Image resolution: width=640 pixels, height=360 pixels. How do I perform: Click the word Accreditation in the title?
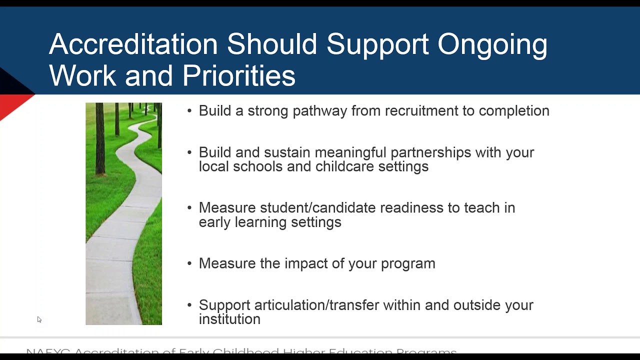point(133,44)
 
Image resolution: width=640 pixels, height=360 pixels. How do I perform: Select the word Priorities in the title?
point(238,76)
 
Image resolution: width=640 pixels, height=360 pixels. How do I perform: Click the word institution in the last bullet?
point(229,319)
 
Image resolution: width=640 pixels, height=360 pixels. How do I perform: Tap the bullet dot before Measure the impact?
point(189,263)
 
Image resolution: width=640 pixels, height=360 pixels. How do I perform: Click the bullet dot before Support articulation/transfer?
point(189,305)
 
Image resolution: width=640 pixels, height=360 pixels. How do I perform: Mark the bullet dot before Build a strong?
point(189,111)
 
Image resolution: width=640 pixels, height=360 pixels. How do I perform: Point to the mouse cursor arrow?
point(39,319)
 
